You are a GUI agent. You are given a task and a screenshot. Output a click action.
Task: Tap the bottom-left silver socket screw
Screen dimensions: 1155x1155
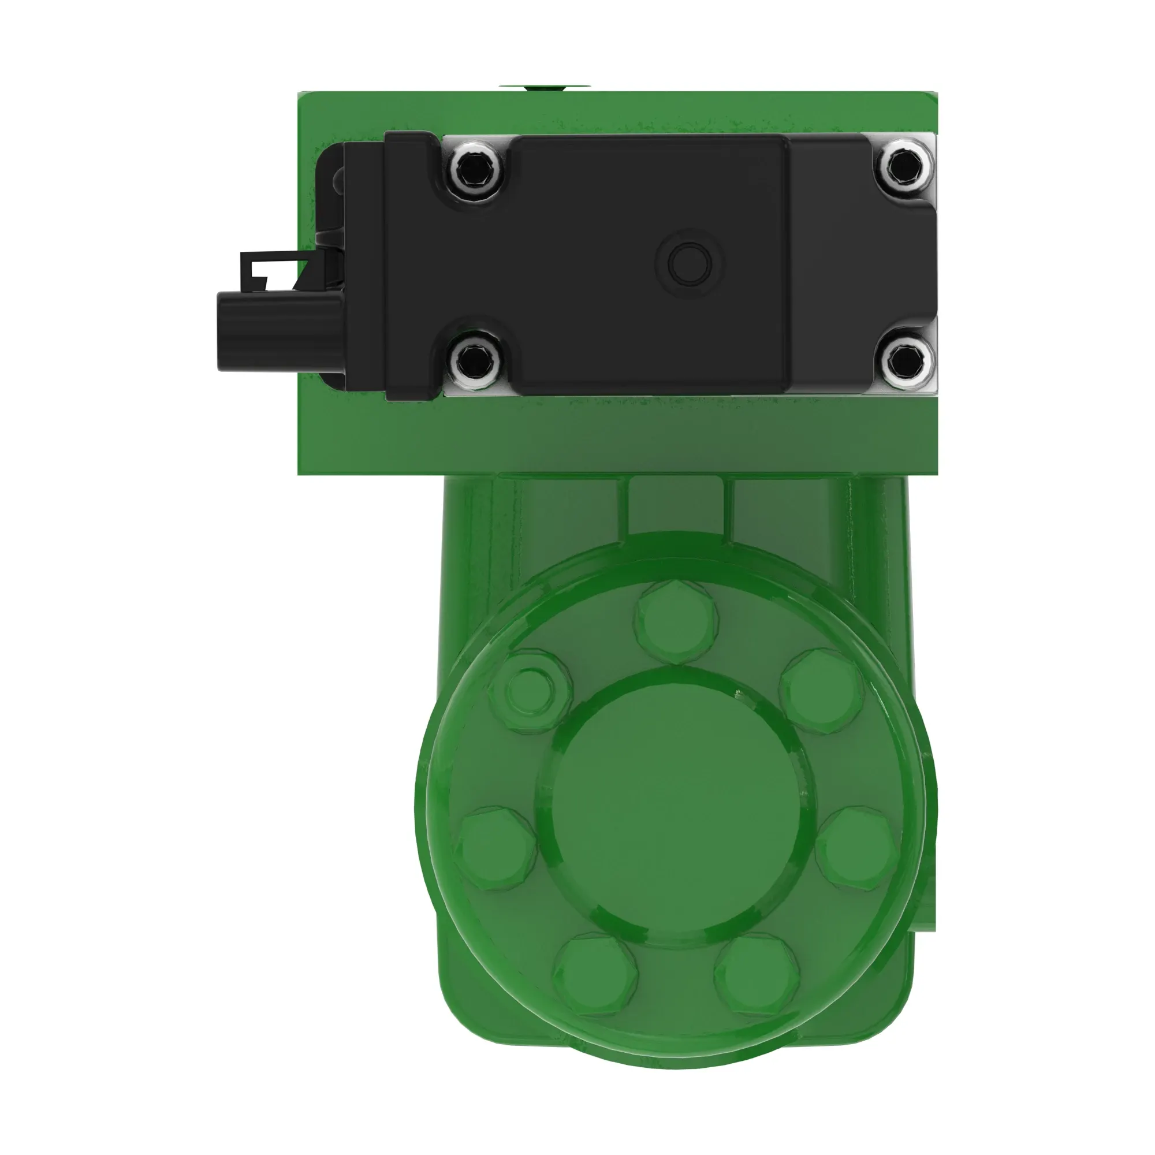click(476, 359)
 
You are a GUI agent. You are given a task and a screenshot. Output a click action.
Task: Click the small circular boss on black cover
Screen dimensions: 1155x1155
click(690, 263)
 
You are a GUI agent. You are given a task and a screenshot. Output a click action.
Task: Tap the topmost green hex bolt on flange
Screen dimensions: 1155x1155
click(677, 622)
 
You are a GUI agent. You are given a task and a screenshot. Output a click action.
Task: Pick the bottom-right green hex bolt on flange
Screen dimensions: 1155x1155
click(757, 975)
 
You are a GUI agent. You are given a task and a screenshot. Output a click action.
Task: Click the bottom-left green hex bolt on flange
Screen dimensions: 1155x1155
click(595, 975)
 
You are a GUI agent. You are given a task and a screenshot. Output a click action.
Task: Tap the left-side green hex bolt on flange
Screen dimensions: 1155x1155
click(496, 849)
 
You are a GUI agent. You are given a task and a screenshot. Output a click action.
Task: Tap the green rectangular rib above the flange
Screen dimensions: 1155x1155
click(676, 508)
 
